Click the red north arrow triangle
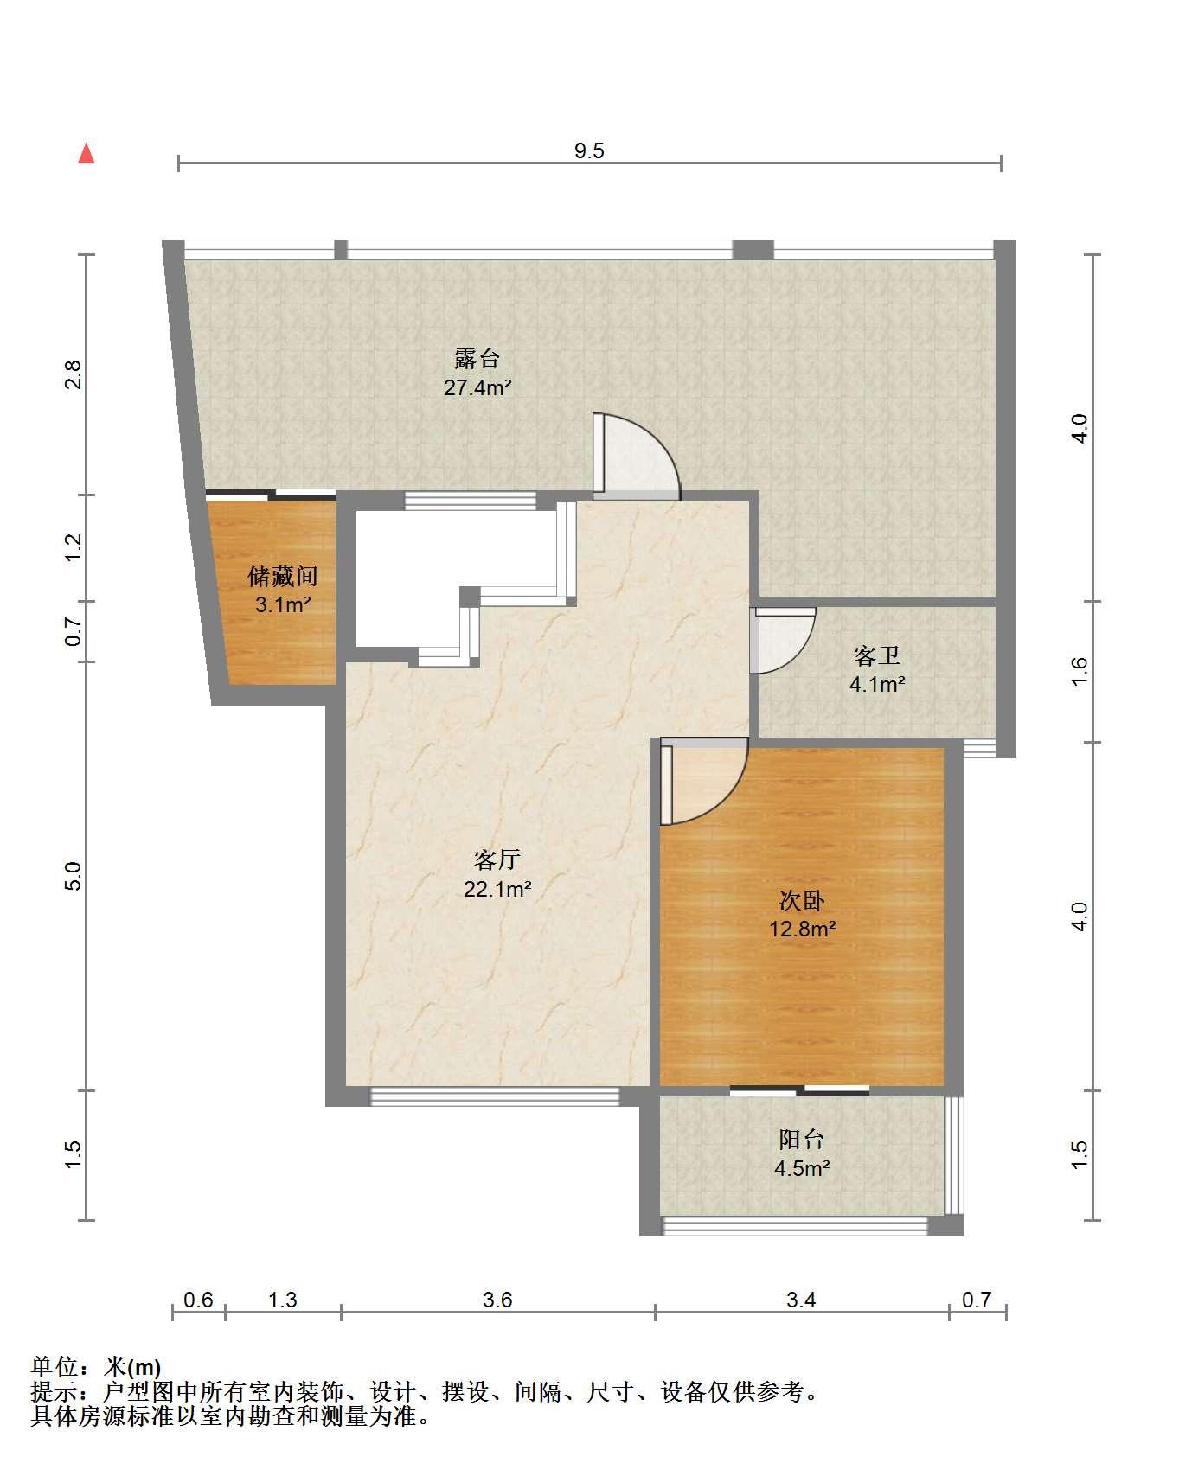86,154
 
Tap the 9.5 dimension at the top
589,150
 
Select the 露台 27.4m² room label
477,373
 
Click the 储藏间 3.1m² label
283,590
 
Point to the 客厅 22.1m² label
497,873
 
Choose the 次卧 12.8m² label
803,915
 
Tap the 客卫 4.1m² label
877,670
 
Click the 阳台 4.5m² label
802,1153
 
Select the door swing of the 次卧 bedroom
703,781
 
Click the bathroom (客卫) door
782,640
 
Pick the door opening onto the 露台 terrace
636,457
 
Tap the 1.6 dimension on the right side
1079,671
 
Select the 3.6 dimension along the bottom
498,1300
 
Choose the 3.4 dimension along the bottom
802,1300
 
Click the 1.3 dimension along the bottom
283,1300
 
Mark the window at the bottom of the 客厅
496,1096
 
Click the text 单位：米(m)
96,1367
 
